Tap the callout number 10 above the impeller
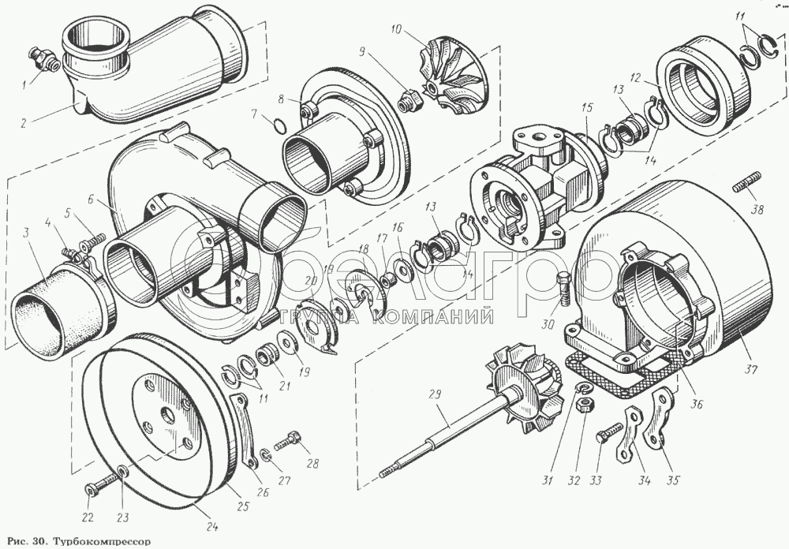(x=397, y=31)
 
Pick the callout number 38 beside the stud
(x=758, y=211)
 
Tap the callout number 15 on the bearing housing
(x=585, y=106)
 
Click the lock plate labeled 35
(x=656, y=422)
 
